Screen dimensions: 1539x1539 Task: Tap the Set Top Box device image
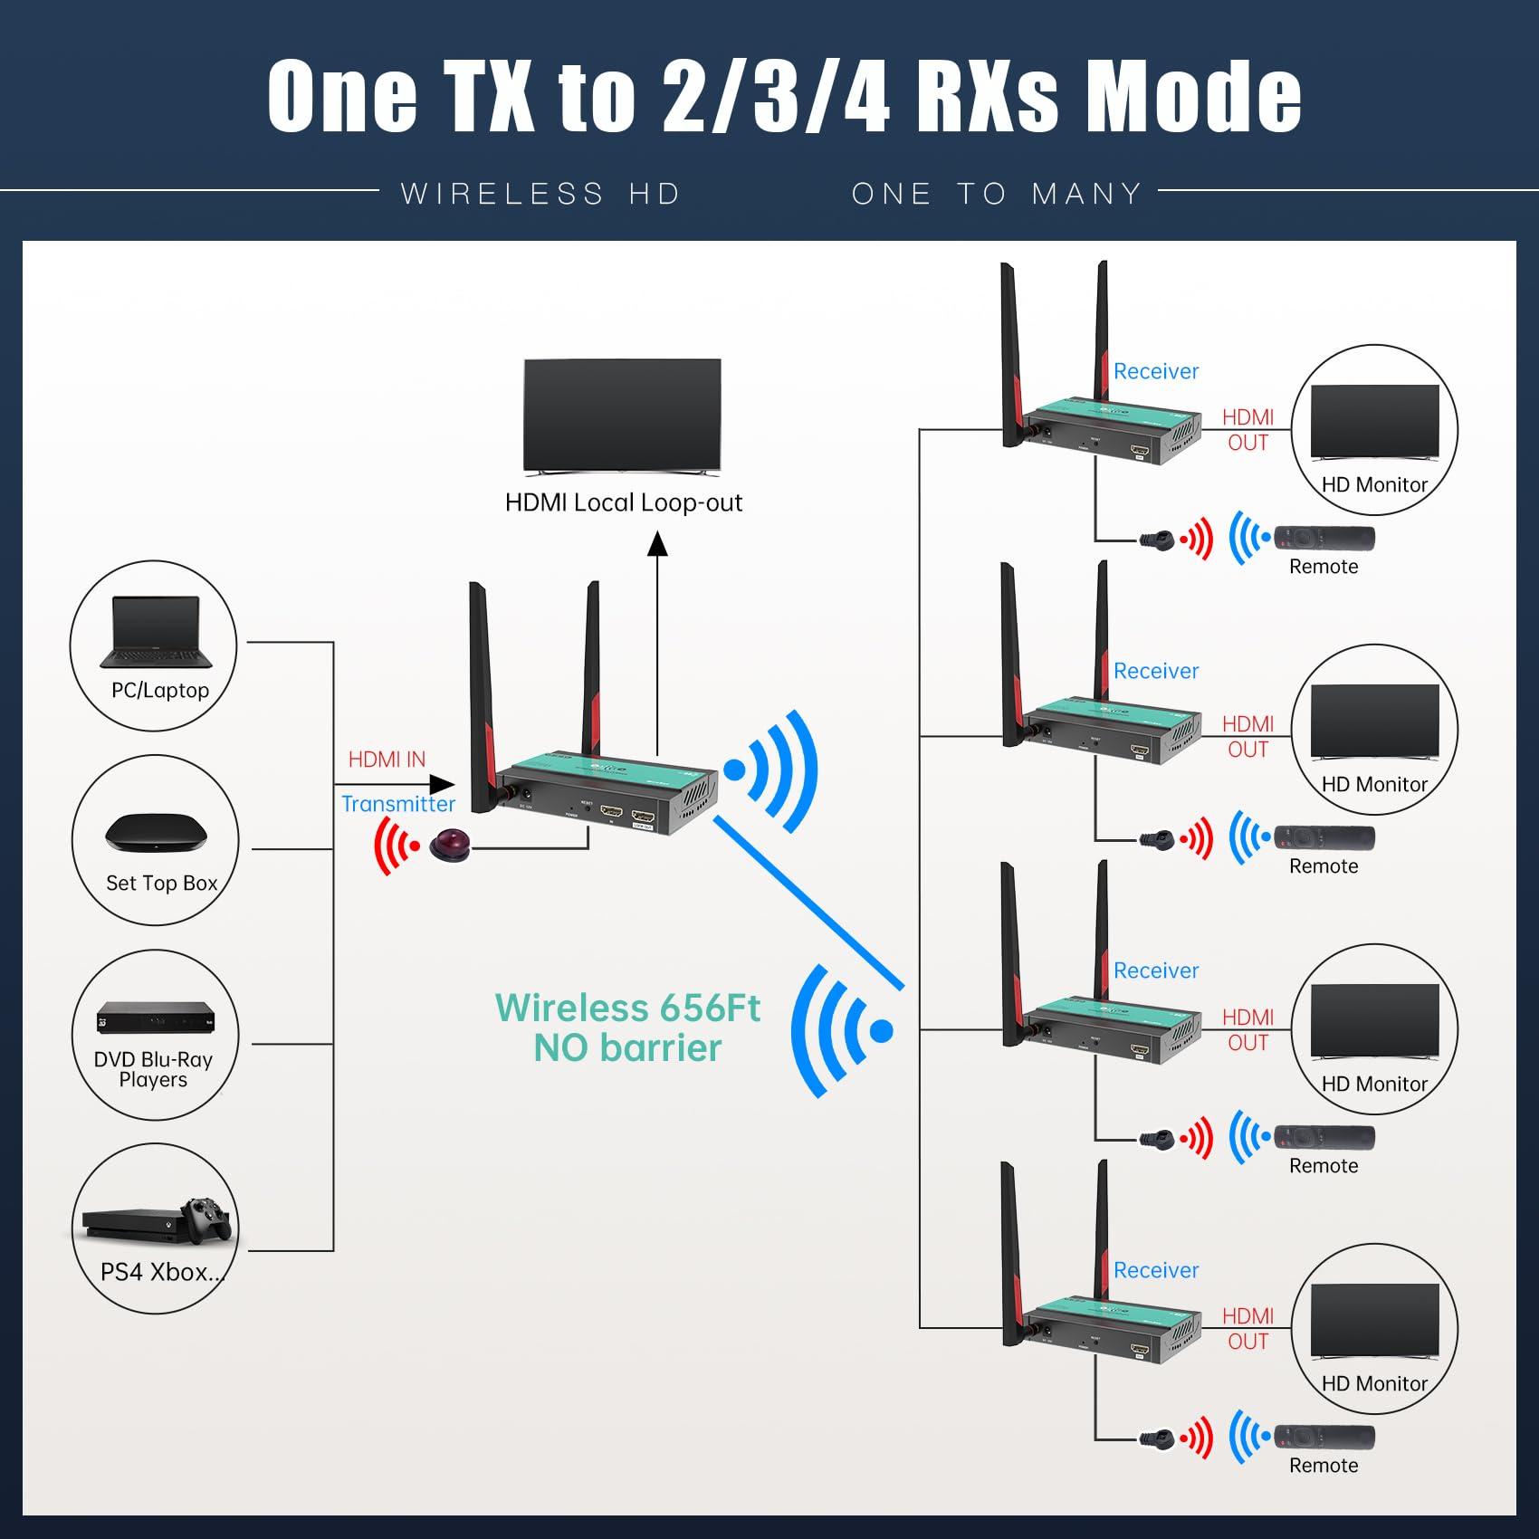click(x=156, y=833)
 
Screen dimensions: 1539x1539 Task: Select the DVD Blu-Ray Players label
click(x=153, y=1069)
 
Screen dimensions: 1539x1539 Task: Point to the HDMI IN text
click(x=387, y=760)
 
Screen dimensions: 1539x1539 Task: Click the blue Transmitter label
click(x=398, y=804)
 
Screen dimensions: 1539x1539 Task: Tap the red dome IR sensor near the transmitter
click(x=450, y=846)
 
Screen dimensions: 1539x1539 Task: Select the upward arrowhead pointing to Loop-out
click(x=657, y=543)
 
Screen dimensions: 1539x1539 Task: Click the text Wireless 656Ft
click(x=627, y=1008)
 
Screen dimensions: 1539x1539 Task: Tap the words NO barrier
click(x=627, y=1048)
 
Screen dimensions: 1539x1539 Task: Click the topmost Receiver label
click(x=1156, y=371)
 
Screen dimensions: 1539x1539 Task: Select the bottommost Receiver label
click(x=1156, y=1270)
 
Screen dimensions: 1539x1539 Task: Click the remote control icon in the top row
click(x=1324, y=538)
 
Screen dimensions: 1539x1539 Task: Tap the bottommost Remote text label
click(x=1324, y=1465)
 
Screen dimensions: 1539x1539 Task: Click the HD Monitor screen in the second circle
click(x=1374, y=720)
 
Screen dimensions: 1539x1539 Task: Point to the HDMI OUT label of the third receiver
click(x=1247, y=1030)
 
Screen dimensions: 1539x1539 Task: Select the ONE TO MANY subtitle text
click(x=997, y=194)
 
